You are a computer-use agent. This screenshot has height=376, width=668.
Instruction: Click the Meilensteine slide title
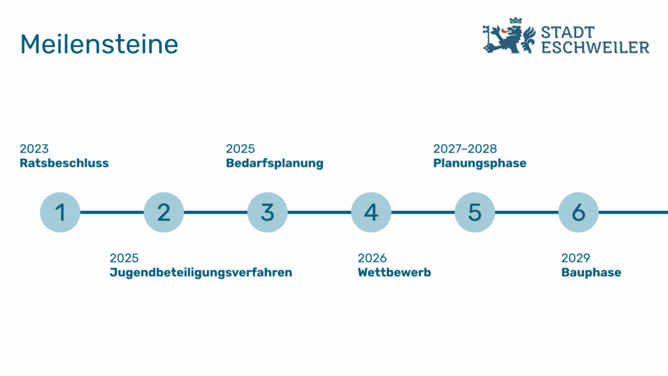(99, 44)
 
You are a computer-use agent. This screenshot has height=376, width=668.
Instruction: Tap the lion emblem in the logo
(509, 36)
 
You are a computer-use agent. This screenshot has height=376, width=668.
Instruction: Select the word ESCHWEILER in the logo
(595, 47)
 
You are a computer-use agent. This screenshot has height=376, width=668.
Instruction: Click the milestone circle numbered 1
(60, 212)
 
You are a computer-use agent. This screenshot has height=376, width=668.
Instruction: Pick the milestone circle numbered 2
(164, 212)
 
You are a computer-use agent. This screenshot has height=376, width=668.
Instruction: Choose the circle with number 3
(267, 212)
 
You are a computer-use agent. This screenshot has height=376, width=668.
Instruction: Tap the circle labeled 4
(371, 212)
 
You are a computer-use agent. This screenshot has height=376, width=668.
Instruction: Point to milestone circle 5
(475, 212)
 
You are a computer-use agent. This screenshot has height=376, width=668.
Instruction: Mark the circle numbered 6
(579, 212)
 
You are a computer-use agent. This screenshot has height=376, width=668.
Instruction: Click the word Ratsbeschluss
(65, 163)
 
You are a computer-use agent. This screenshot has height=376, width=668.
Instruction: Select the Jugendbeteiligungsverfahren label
(201, 273)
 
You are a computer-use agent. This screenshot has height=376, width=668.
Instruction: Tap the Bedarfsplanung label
(275, 164)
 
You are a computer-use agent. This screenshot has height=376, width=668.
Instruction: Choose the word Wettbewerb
(395, 272)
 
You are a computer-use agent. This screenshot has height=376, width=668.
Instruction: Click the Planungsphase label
(479, 164)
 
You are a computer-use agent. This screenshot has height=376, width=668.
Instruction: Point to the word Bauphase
(591, 273)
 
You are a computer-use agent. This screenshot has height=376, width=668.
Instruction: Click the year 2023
(34, 149)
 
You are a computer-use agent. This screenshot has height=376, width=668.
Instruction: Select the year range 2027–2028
(465, 149)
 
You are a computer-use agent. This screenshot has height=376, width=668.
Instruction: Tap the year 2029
(575, 258)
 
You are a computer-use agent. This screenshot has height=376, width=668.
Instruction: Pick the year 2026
(372, 258)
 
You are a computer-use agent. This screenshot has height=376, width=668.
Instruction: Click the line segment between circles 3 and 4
(319, 212)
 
